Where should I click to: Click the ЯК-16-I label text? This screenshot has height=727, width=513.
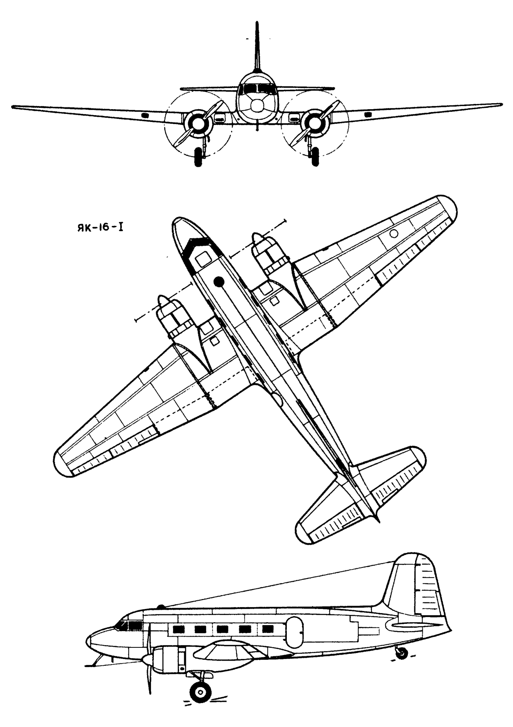[x=99, y=228]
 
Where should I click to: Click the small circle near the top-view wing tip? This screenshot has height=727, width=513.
[x=394, y=233]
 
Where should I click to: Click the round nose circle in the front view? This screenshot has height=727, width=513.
[x=257, y=106]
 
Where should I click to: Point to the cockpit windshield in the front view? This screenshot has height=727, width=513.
[x=257, y=89]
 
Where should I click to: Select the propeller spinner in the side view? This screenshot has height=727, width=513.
[x=147, y=659]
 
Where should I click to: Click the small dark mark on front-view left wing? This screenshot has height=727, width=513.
[x=145, y=115]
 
